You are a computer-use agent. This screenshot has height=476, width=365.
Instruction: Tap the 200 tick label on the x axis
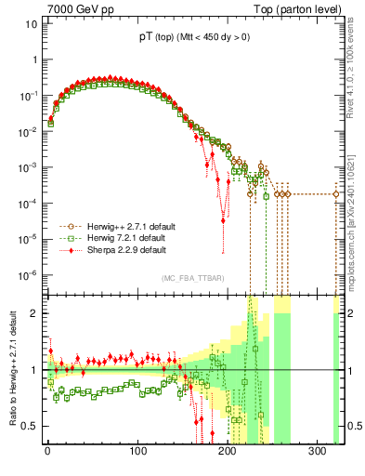[228, 453]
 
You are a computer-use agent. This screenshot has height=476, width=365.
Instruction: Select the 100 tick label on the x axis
[137, 453]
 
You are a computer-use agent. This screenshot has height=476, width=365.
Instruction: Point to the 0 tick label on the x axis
[47, 453]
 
